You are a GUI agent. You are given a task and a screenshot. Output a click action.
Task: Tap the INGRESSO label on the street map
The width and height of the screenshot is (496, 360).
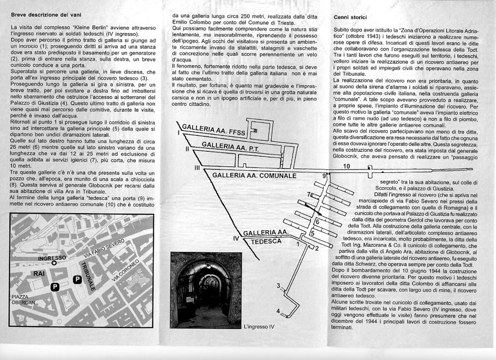pyautogui.click(x=52, y=258)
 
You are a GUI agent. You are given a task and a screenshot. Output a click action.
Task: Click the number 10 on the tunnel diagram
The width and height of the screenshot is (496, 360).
pyautogui.click(x=346, y=166)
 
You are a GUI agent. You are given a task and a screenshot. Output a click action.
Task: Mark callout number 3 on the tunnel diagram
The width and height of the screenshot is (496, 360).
pyautogui.click(x=278, y=285)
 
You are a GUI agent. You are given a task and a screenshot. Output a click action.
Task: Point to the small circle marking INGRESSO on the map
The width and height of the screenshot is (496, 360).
pyautogui.click(x=54, y=264)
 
